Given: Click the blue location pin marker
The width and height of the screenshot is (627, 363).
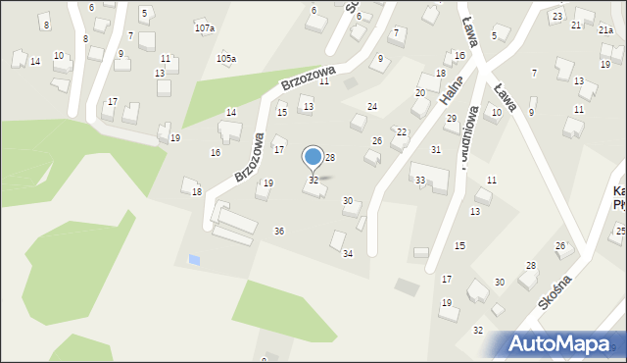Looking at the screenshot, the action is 313,157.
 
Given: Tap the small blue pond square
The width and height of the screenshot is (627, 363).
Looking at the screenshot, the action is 194,260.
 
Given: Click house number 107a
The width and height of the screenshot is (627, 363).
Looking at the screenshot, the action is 204,28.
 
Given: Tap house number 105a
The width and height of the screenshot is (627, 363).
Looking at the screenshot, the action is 226,59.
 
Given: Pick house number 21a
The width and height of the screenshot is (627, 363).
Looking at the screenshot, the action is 606,30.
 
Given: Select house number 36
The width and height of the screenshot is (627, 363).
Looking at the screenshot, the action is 279,231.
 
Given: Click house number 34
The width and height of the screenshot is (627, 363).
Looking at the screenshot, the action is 347,253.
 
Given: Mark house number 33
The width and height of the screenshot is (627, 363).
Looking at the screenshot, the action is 420,181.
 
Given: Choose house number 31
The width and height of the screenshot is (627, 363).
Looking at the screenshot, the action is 436,149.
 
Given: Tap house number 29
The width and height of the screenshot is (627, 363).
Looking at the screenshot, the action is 451,119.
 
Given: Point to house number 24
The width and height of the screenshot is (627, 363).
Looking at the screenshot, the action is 372,106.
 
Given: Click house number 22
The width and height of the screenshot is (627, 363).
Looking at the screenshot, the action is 402,131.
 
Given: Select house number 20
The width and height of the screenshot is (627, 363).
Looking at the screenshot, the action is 419,93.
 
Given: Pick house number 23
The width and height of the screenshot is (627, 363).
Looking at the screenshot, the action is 556,17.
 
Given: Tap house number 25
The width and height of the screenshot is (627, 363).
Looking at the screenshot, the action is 620,232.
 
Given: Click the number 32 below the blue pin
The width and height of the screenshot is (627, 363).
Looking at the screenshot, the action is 313,181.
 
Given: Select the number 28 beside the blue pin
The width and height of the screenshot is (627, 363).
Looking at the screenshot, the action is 331,158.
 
